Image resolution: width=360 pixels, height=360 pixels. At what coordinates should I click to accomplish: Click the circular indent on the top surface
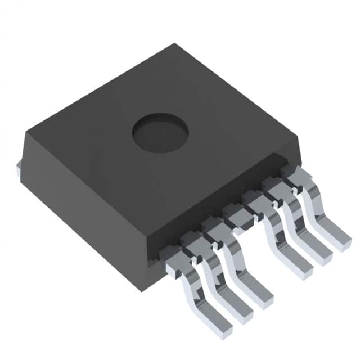[x=160, y=132]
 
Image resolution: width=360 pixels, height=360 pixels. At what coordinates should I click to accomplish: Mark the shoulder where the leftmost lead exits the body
[x=172, y=255]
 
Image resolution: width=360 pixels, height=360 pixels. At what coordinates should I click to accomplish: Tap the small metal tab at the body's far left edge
[x=19, y=168]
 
